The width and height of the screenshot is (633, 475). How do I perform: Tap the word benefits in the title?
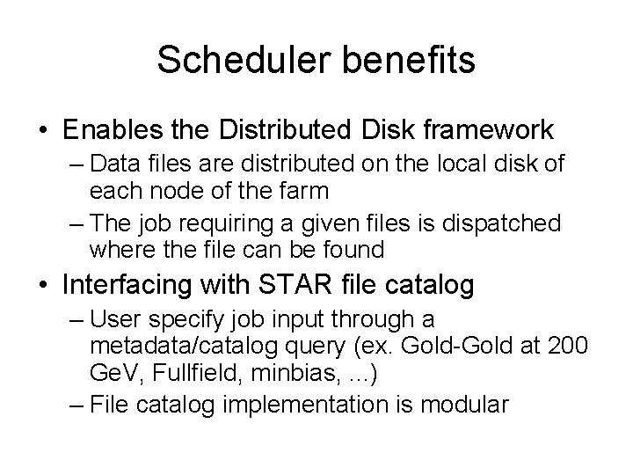coord(403,61)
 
